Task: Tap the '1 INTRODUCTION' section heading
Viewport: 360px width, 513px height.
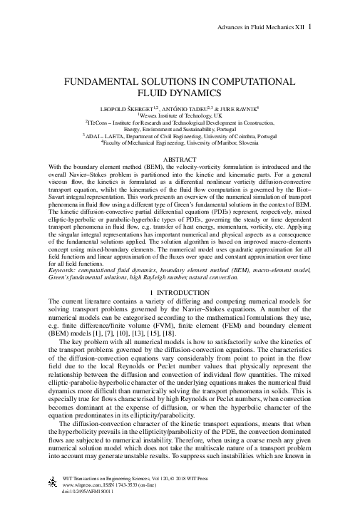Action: [x=180, y=293]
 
